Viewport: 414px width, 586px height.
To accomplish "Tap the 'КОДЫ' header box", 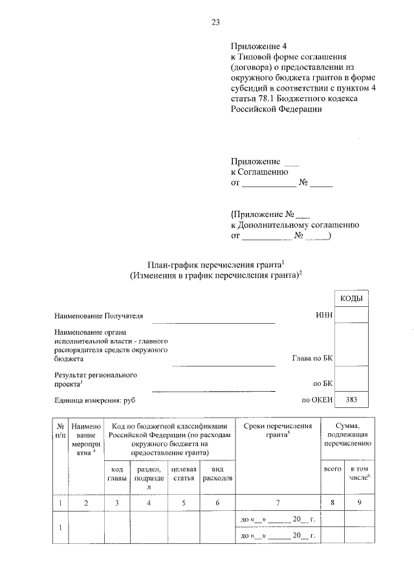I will tap(351, 298).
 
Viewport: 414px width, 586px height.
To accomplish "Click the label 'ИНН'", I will tap(323, 315).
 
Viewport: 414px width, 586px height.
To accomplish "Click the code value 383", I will tap(351, 400).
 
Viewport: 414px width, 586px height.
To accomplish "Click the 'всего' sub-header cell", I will tap(332, 468).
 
